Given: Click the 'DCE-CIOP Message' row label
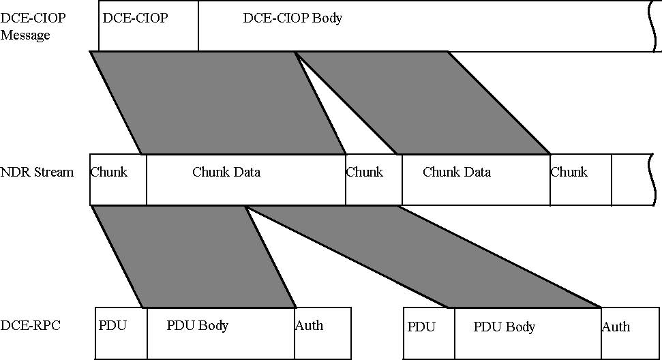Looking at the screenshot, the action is [33, 26].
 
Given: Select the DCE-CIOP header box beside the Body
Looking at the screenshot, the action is [149, 26].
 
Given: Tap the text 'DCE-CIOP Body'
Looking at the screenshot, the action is [292, 18].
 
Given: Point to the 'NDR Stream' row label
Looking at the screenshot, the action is [37, 172].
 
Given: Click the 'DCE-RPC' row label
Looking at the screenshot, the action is [30, 325].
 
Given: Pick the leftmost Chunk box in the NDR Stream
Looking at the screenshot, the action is [118, 179].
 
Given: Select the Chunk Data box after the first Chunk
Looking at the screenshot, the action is [246, 179].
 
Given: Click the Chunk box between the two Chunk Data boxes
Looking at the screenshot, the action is [374, 179].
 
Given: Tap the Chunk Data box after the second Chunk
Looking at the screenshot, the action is [476, 179].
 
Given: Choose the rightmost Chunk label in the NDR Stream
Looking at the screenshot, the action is [569, 172].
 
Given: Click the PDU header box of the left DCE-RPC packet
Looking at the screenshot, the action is [121, 333].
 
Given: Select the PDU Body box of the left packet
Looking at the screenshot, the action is [221, 333].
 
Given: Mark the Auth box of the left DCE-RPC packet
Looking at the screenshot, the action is [322, 333].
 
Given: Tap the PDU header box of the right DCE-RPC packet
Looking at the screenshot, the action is [429, 333].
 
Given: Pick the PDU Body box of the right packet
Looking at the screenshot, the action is [528, 333].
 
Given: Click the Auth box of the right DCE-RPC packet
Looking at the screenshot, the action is [630, 333].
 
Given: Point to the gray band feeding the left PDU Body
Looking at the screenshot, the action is [194, 256].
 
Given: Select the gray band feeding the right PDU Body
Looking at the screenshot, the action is [423, 256].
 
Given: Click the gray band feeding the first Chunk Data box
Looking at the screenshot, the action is [218, 102].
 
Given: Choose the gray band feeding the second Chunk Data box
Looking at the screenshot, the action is [422, 102].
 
